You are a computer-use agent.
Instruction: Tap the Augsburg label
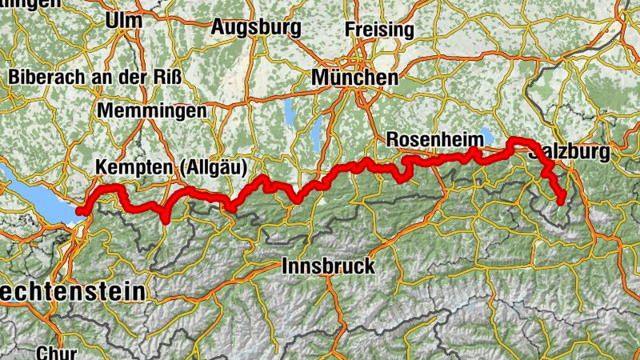(256, 27)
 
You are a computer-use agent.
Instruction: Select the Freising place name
(379, 30)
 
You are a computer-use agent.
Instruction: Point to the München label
(354, 78)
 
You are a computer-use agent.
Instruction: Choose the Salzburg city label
(570, 151)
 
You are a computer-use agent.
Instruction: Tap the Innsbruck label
(328, 266)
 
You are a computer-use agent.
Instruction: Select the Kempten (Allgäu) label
(172, 167)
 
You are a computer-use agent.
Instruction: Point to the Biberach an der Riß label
(97, 78)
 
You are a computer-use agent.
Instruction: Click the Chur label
(56, 352)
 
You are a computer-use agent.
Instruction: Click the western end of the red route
(81, 211)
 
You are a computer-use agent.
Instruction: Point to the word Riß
(168, 78)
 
